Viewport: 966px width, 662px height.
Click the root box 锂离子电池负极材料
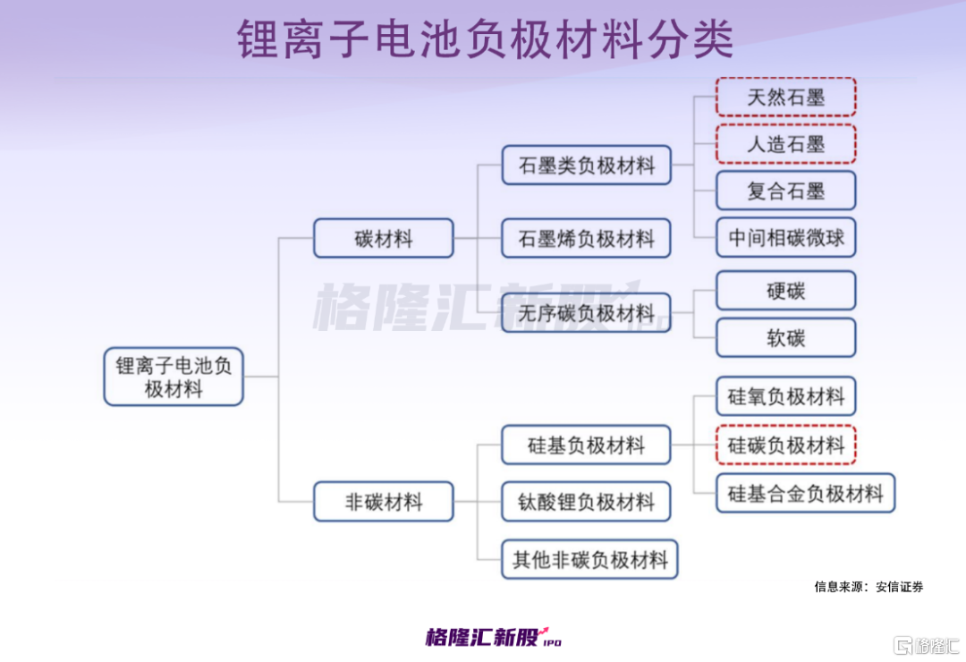point(174,377)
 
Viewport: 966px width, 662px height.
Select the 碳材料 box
point(383,238)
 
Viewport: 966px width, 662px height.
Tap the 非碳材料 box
point(383,502)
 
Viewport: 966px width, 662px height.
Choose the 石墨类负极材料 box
point(586,165)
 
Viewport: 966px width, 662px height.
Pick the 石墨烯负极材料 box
point(586,238)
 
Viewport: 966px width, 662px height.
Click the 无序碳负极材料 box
point(586,313)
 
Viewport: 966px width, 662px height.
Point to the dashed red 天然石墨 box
point(785,97)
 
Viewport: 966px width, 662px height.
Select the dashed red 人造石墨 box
point(785,144)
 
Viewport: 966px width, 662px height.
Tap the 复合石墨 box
point(785,191)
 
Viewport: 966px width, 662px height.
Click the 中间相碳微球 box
point(785,238)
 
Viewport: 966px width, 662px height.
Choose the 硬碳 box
point(785,291)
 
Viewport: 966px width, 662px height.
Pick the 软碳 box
point(785,338)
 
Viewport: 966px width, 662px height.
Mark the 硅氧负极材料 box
point(785,396)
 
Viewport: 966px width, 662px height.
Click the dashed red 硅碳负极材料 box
point(785,445)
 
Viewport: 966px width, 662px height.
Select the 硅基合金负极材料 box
point(805,493)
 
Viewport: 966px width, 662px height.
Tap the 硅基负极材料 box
point(586,445)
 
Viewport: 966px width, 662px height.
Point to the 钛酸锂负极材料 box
point(586,502)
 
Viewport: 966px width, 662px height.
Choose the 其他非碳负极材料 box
point(589,560)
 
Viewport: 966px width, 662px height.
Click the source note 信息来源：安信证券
point(869,587)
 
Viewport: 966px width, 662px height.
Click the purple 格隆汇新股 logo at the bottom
point(493,637)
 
